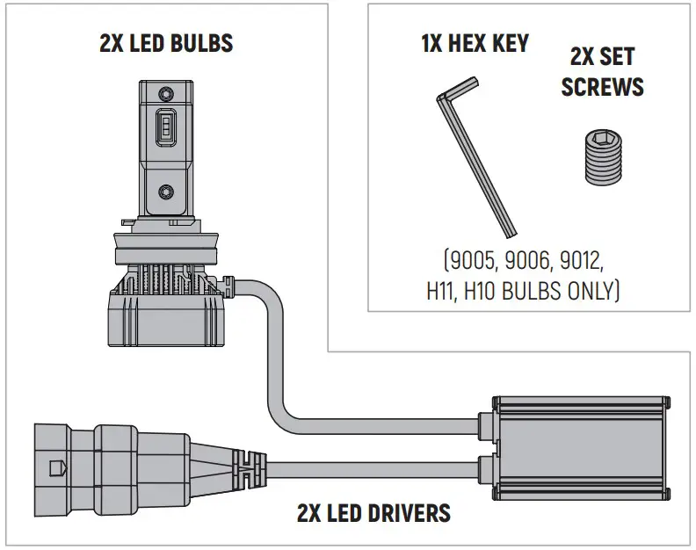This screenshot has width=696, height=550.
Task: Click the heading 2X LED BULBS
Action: [x=166, y=43]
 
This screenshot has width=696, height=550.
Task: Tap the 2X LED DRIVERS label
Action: [x=373, y=512]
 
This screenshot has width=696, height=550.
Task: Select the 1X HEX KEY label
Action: [x=475, y=43]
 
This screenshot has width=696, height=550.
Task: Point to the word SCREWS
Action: [x=602, y=87]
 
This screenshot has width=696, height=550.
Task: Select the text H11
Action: [x=444, y=290]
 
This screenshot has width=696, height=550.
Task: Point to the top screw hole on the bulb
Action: [x=166, y=92]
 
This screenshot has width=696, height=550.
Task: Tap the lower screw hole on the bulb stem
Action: [x=166, y=190]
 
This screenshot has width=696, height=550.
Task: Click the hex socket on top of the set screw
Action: [x=602, y=139]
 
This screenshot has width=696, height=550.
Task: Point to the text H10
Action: [x=485, y=290]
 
